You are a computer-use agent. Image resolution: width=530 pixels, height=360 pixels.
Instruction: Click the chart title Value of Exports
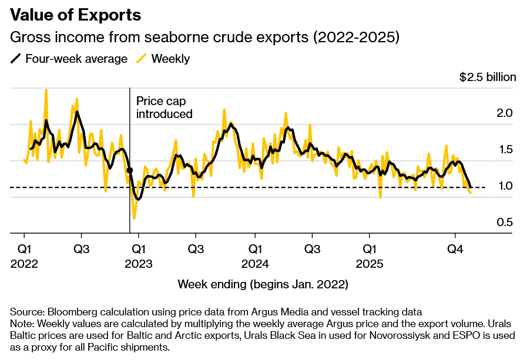point(76,15)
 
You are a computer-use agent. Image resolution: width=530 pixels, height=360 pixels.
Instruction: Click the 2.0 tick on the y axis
point(505,113)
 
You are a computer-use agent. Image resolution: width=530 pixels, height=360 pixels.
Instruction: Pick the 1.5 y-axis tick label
point(505,149)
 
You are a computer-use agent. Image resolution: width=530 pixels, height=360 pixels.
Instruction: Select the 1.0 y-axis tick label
point(505,186)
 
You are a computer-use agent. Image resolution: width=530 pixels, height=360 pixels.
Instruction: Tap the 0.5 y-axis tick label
point(505,222)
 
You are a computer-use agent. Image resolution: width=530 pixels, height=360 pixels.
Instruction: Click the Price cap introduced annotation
point(165,107)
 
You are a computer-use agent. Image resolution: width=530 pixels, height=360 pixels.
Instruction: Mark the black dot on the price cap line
point(129,170)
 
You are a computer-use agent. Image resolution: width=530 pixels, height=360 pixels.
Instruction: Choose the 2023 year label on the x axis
point(139,264)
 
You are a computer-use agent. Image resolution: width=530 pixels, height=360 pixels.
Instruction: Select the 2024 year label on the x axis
point(254,264)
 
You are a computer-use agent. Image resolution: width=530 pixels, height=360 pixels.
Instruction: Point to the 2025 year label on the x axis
point(370,264)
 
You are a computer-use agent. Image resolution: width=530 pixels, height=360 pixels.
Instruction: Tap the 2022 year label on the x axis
point(24,264)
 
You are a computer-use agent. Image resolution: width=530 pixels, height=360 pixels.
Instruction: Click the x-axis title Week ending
point(263,285)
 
